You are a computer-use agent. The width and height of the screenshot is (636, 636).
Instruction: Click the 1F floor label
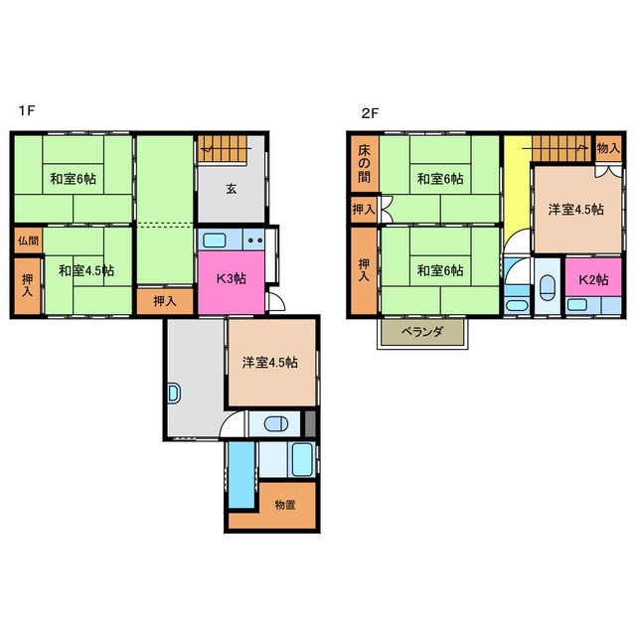coord(27,110)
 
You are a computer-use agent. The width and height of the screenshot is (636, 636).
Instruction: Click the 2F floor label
coord(369,113)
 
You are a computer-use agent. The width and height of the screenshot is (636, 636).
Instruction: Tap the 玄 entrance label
coord(232,189)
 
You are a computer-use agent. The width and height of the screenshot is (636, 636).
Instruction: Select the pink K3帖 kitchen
coord(232,282)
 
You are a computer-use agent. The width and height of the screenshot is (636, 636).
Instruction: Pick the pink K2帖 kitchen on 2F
coord(593,277)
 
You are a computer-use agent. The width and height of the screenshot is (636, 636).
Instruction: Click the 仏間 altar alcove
coord(29,240)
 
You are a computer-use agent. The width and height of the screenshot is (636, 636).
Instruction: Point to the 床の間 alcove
coord(365,163)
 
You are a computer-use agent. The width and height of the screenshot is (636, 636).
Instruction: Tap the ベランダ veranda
coord(422,333)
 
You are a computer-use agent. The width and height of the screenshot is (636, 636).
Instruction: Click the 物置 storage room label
coord(285,505)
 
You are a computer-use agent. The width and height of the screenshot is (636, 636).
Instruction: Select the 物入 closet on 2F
coord(609,148)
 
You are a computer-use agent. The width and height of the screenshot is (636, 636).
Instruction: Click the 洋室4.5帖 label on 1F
coord(269,362)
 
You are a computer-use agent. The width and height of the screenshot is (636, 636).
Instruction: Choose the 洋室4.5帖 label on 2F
coord(576,210)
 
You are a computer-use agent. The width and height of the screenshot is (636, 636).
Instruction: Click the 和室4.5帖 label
coord(86,270)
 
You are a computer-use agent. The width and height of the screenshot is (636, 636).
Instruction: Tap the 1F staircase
coord(223,148)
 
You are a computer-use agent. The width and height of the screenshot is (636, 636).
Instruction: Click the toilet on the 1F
coord(276,424)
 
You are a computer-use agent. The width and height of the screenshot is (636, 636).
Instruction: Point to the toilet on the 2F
coord(548,287)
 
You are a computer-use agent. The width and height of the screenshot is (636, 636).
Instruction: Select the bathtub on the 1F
coord(302,459)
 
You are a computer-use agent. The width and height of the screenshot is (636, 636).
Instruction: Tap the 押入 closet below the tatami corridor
coord(165,301)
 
